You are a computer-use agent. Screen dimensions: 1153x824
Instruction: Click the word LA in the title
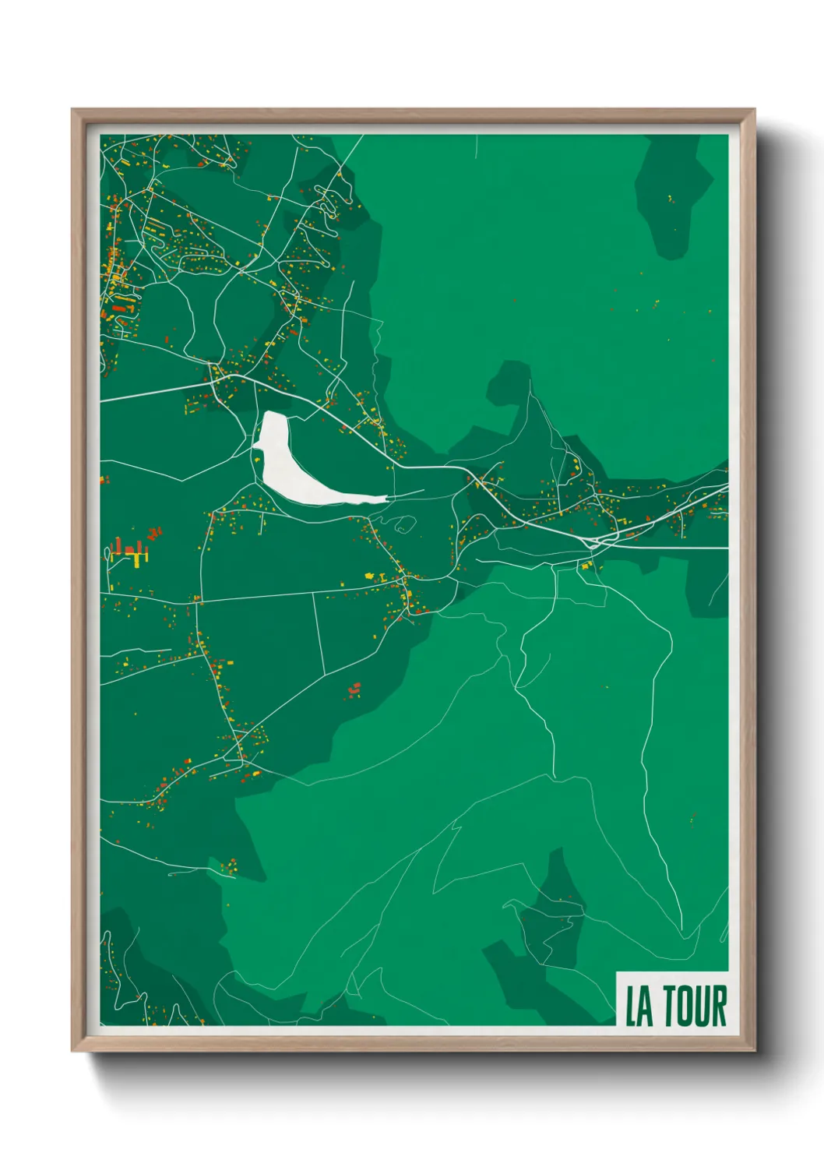coord(639,1007)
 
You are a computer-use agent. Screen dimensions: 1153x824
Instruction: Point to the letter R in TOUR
coord(719,1006)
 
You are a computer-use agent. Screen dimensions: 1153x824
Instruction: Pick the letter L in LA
coord(632,1007)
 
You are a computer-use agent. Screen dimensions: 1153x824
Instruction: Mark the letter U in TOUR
coord(703,1006)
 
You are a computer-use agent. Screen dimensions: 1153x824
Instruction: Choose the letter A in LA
coord(646,1007)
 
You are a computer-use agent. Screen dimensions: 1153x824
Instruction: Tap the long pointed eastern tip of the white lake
coord(382,497)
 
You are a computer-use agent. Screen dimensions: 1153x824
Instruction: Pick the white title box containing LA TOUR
coord(672,1000)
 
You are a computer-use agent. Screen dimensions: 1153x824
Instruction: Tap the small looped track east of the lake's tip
coord(403,525)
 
